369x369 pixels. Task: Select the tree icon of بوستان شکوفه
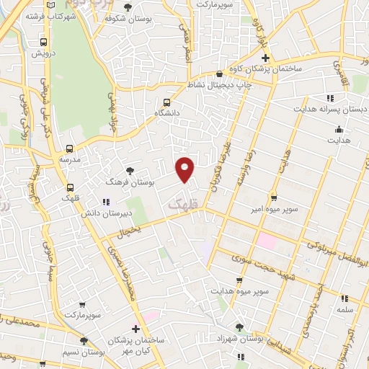pos(128,8)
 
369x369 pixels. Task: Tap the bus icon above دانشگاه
pos(167,102)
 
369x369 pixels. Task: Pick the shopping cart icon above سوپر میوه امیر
pos(274,197)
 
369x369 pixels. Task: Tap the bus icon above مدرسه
pos(70,148)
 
